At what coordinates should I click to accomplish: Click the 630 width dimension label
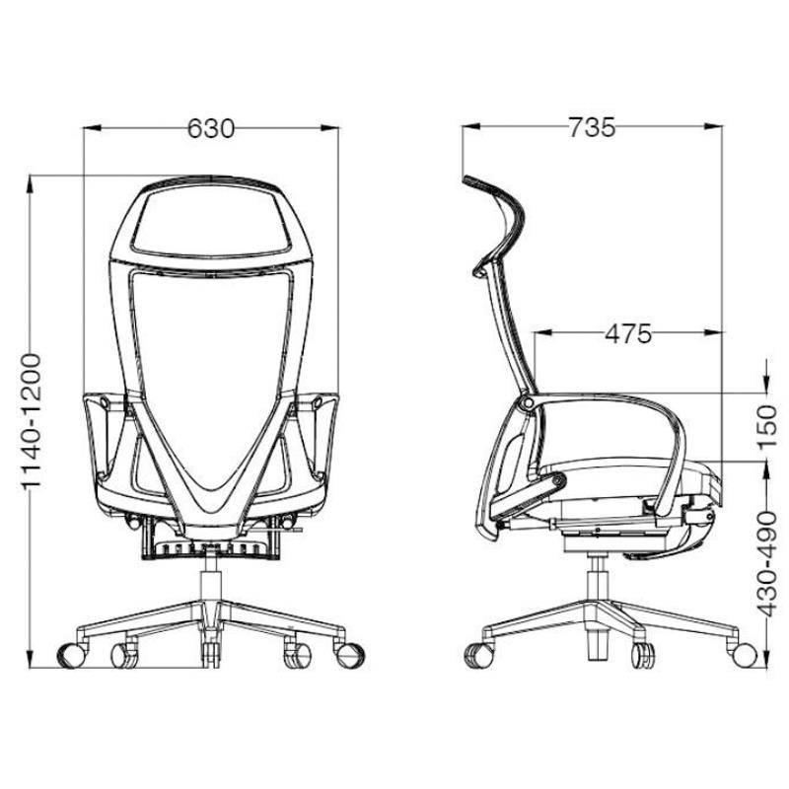click(x=211, y=128)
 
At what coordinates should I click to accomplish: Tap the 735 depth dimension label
click(x=592, y=127)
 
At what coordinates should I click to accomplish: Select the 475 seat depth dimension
click(x=628, y=333)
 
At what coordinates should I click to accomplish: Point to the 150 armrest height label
click(x=767, y=426)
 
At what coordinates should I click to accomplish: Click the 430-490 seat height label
click(x=767, y=563)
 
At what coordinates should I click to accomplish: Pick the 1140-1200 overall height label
click(x=32, y=422)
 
